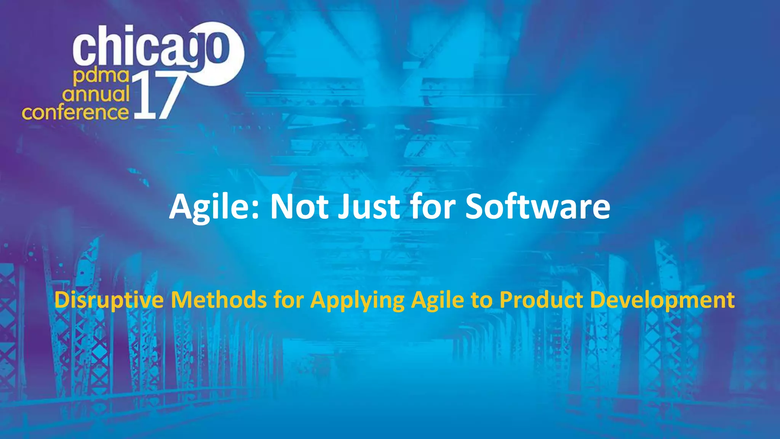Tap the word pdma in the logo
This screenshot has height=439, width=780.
tap(101, 77)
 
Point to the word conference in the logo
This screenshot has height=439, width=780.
tap(75, 112)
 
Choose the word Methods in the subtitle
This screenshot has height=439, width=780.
tap(219, 300)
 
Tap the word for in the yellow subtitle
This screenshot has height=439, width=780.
tap(288, 300)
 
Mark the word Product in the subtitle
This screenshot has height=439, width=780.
tap(541, 300)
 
